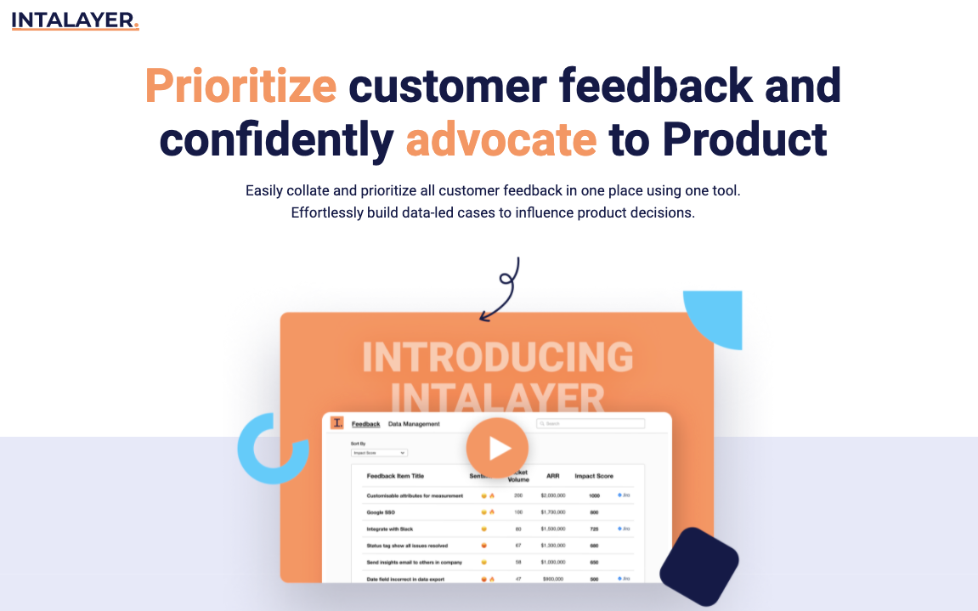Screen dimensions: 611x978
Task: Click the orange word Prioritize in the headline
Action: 241,86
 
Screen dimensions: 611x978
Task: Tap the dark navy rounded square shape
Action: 699,567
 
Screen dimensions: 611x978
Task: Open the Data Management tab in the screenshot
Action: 414,424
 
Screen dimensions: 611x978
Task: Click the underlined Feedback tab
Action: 365,424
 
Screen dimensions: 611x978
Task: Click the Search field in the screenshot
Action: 591,423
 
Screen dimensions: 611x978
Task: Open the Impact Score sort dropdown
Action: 379,453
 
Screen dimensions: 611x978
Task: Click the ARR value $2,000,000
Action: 553,495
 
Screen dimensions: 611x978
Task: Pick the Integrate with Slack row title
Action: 390,529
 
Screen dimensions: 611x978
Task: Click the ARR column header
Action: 552,476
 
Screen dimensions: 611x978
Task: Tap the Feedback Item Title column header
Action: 395,476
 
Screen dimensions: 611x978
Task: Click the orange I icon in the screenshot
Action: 337,422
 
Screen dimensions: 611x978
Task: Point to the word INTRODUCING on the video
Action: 497,358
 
